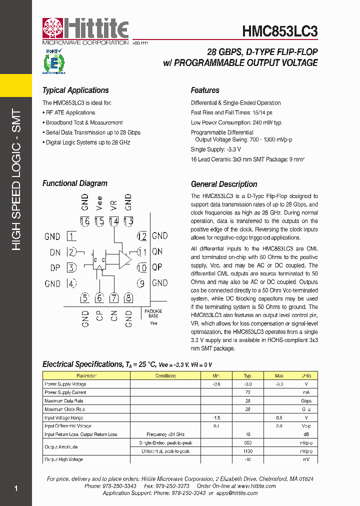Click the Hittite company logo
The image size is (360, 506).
[85, 31]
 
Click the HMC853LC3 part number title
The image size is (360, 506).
[280, 31]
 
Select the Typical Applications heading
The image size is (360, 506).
[75, 90]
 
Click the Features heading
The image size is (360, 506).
[205, 90]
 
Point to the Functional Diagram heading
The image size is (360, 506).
[74, 183]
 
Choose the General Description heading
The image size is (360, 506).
[224, 184]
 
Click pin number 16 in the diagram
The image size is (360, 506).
[85, 221]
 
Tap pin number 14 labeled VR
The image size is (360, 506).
[114, 221]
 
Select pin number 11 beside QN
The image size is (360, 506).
[142, 252]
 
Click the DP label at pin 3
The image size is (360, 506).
[55, 268]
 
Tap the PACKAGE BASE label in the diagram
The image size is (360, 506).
[153, 313]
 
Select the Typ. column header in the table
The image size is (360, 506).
[247, 375]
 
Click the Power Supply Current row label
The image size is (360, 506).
[65, 392]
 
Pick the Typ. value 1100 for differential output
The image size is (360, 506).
[247, 451]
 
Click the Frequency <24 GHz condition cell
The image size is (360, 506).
[165, 434]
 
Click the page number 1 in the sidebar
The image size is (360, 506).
[16, 488]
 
